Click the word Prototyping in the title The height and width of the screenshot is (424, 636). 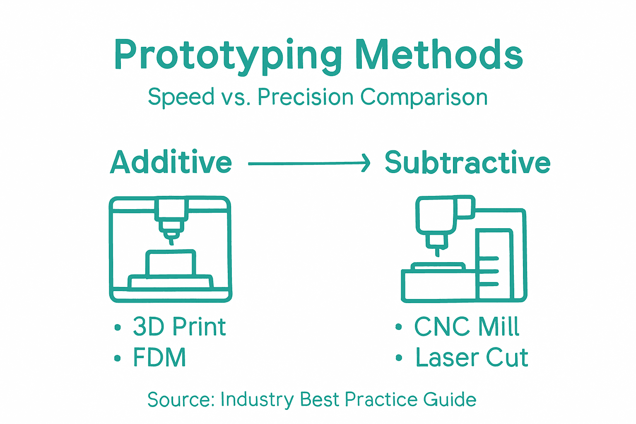point(228,55)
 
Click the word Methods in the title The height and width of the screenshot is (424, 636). point(439,55)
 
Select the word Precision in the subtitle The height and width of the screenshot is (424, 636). point(305,97)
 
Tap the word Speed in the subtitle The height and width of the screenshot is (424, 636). point(181,98)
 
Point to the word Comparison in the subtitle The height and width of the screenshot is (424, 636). point(424,98)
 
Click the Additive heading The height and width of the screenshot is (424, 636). point(171,162)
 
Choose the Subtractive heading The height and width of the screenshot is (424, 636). point(467,162)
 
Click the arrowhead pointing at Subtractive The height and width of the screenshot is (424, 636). point(365,163)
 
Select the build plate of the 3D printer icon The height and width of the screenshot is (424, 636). point(170,282)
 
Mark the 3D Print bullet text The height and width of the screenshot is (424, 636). point(179,327)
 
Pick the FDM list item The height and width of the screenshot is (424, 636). point(160,358)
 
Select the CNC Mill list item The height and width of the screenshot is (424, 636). point(467,327)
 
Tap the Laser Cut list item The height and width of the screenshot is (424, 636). point(472,358)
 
